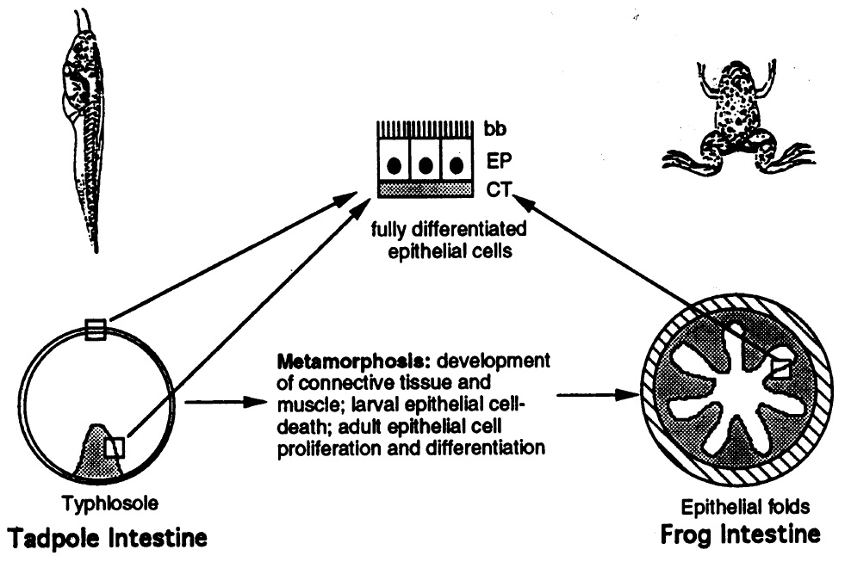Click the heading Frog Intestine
pos(738,534)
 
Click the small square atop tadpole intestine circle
pos(95,329)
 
